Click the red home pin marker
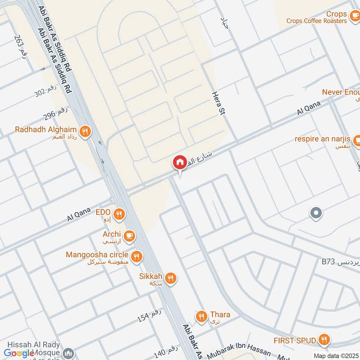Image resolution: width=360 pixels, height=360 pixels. click(x=180, y=162)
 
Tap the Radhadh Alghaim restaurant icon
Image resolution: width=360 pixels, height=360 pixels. click(x=84, y=132)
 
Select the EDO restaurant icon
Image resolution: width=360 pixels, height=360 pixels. click(x=119, y=214)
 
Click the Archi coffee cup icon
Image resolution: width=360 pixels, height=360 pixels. click(x=129, y=235)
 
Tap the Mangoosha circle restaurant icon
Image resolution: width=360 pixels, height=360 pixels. click(x=137, y=257)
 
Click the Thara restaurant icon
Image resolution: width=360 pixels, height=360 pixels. click(x=201, y=317)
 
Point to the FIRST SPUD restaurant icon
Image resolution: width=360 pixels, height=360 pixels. click(x=323, y=340)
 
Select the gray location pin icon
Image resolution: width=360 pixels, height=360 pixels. click(x=316, y=213)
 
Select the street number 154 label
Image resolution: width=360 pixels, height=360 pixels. click(x=149, y=316)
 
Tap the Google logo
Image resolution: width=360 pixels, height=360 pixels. click(x=19, y=353)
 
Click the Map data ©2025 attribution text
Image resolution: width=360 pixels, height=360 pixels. click(x=336, y=355)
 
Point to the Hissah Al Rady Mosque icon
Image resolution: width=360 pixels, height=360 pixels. click(x=68, y=353)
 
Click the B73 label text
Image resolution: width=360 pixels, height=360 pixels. click(x=329, y=261)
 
